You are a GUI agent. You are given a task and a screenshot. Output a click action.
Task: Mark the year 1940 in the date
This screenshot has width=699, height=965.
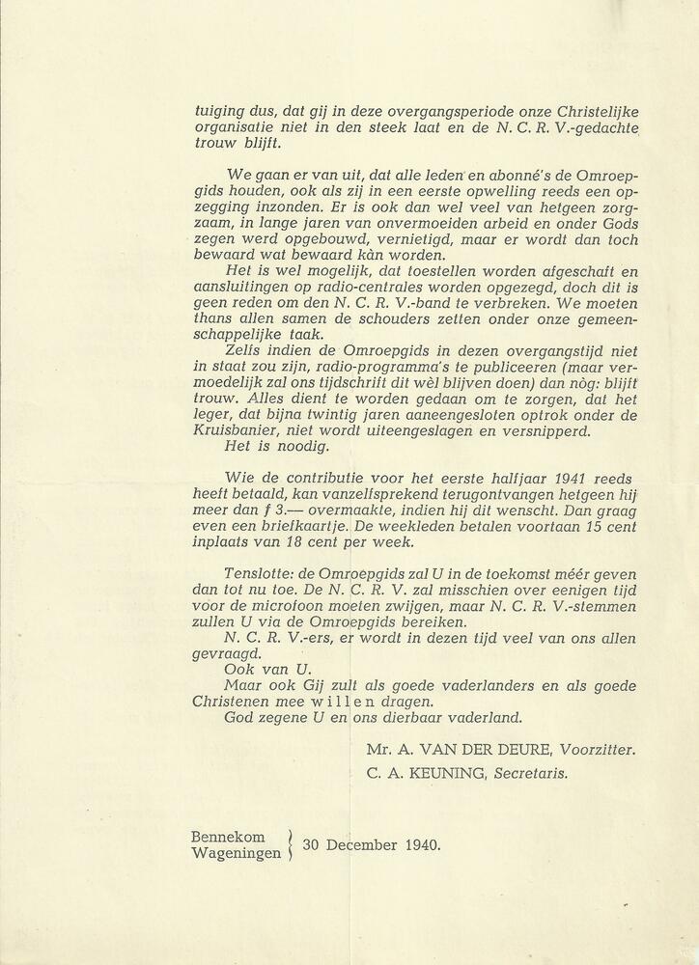tap(420, 845)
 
